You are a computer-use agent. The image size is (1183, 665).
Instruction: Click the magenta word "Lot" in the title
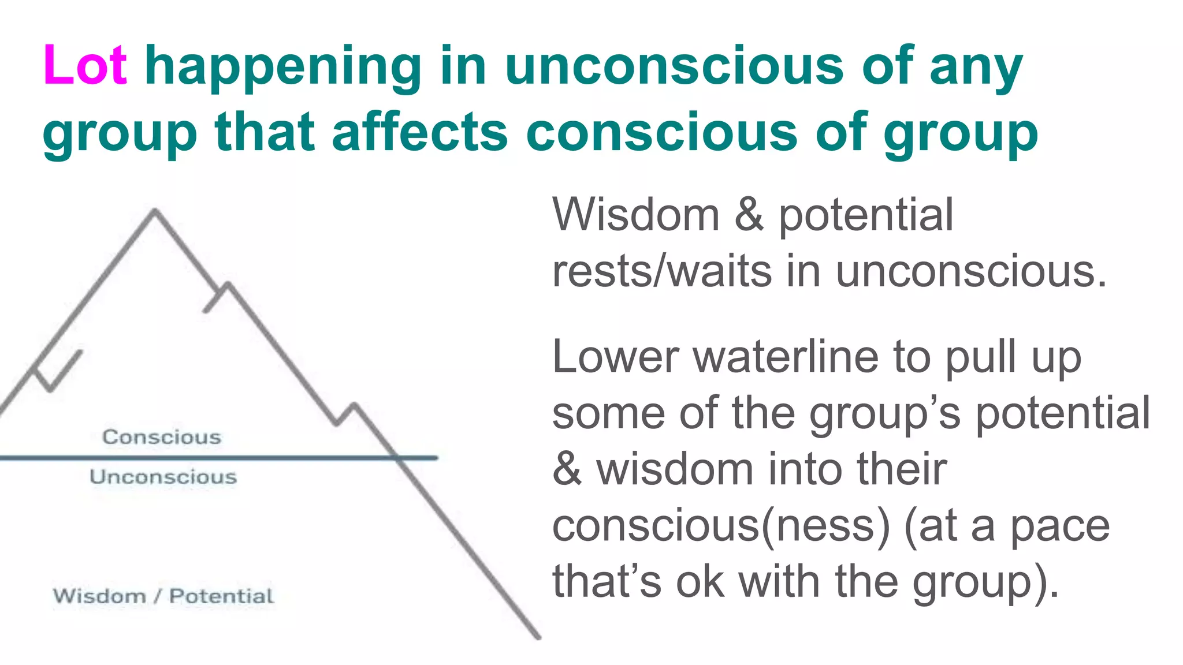pos(85,66)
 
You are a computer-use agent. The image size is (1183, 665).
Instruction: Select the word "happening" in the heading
pos(283,68)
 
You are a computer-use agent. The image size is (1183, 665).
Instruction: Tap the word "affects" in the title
pos(420,133)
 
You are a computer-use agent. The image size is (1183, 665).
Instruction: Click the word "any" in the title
pos(976,68)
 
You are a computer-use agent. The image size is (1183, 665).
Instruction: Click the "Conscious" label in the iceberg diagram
pos(162,437)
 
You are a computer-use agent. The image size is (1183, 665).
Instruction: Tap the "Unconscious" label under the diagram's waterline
pos(163,477)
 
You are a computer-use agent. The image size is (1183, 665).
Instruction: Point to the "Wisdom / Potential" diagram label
pos(163,596)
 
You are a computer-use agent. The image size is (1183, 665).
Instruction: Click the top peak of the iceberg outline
pos(155,211)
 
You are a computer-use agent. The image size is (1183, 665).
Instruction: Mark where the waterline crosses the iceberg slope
pos(398,458)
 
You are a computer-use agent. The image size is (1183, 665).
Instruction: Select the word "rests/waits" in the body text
pos(662,271)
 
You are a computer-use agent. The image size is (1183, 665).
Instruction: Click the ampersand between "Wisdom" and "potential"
pos(749,215)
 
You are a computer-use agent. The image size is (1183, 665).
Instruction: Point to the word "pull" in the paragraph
pos(980,358)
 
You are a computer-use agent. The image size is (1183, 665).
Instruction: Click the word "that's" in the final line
pos(607,582)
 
